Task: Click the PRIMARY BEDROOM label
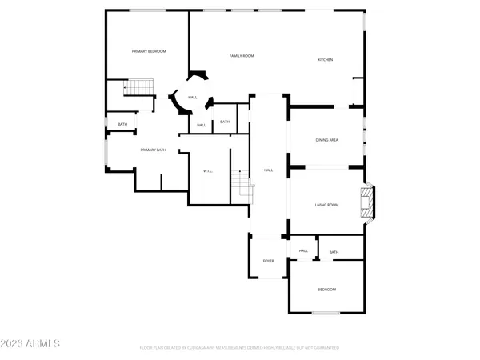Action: (x=149, y=51)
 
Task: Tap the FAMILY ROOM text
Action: (x=242, y=56)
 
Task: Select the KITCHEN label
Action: (x=326, y=60)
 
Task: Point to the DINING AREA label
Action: (x=327, y=140)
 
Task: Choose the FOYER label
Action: (x=269, y=261)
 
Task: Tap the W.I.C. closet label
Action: (x=207, y=170)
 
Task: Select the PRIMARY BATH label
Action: (x=153, y=150)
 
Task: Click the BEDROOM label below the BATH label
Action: (x=326, y=290)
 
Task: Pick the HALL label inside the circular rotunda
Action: (x=193, y=98)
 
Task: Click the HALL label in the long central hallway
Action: (x=269, y=170)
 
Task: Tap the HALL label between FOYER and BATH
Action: (x=303, y=251)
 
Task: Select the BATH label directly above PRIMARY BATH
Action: (x=122, y=124)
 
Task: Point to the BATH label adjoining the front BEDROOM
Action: (x=334, y=252)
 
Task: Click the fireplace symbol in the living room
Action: (x=366, y=202)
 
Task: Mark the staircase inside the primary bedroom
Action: (x=140, y=86)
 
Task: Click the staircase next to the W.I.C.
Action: (x=241, y=185)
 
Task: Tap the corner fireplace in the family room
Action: (x=197, y=77)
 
